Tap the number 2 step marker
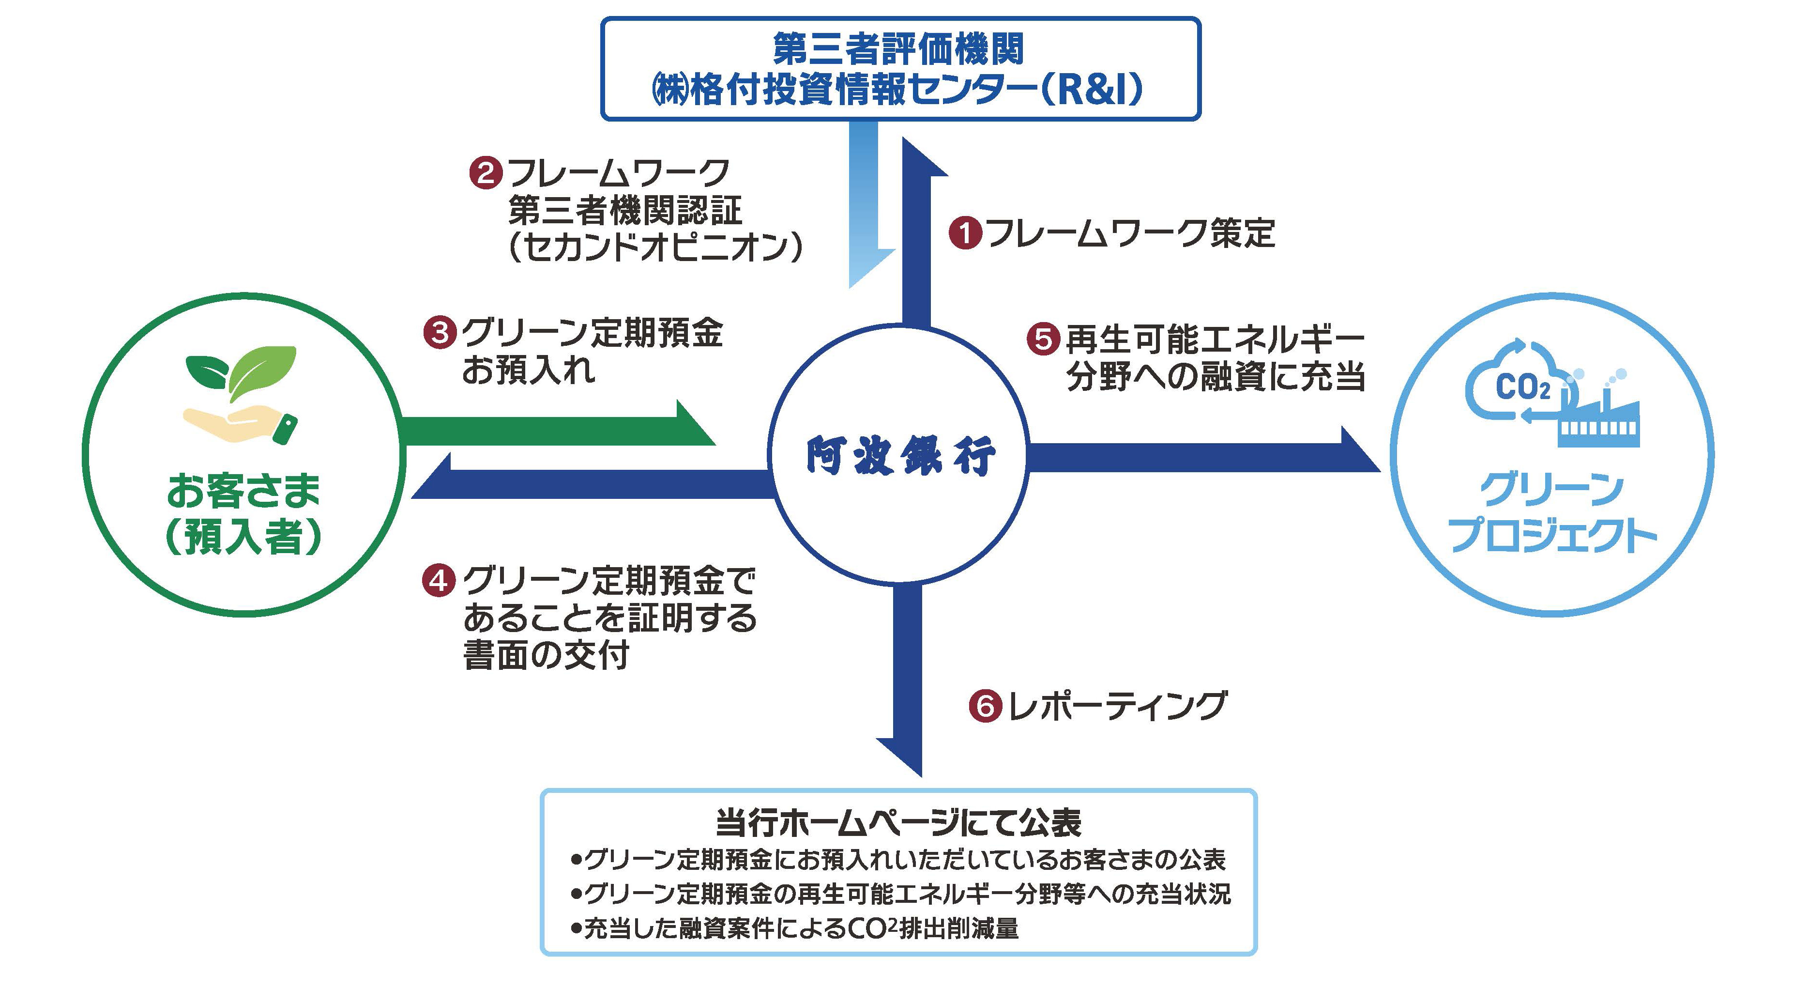[x=485, y=173]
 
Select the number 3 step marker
[x=440, y=332]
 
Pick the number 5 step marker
[x=1043, y=339]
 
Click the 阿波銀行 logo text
[x=900, y=456]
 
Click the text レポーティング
[x=1117, y=706]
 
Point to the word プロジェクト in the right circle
[x=1552, y=535]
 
